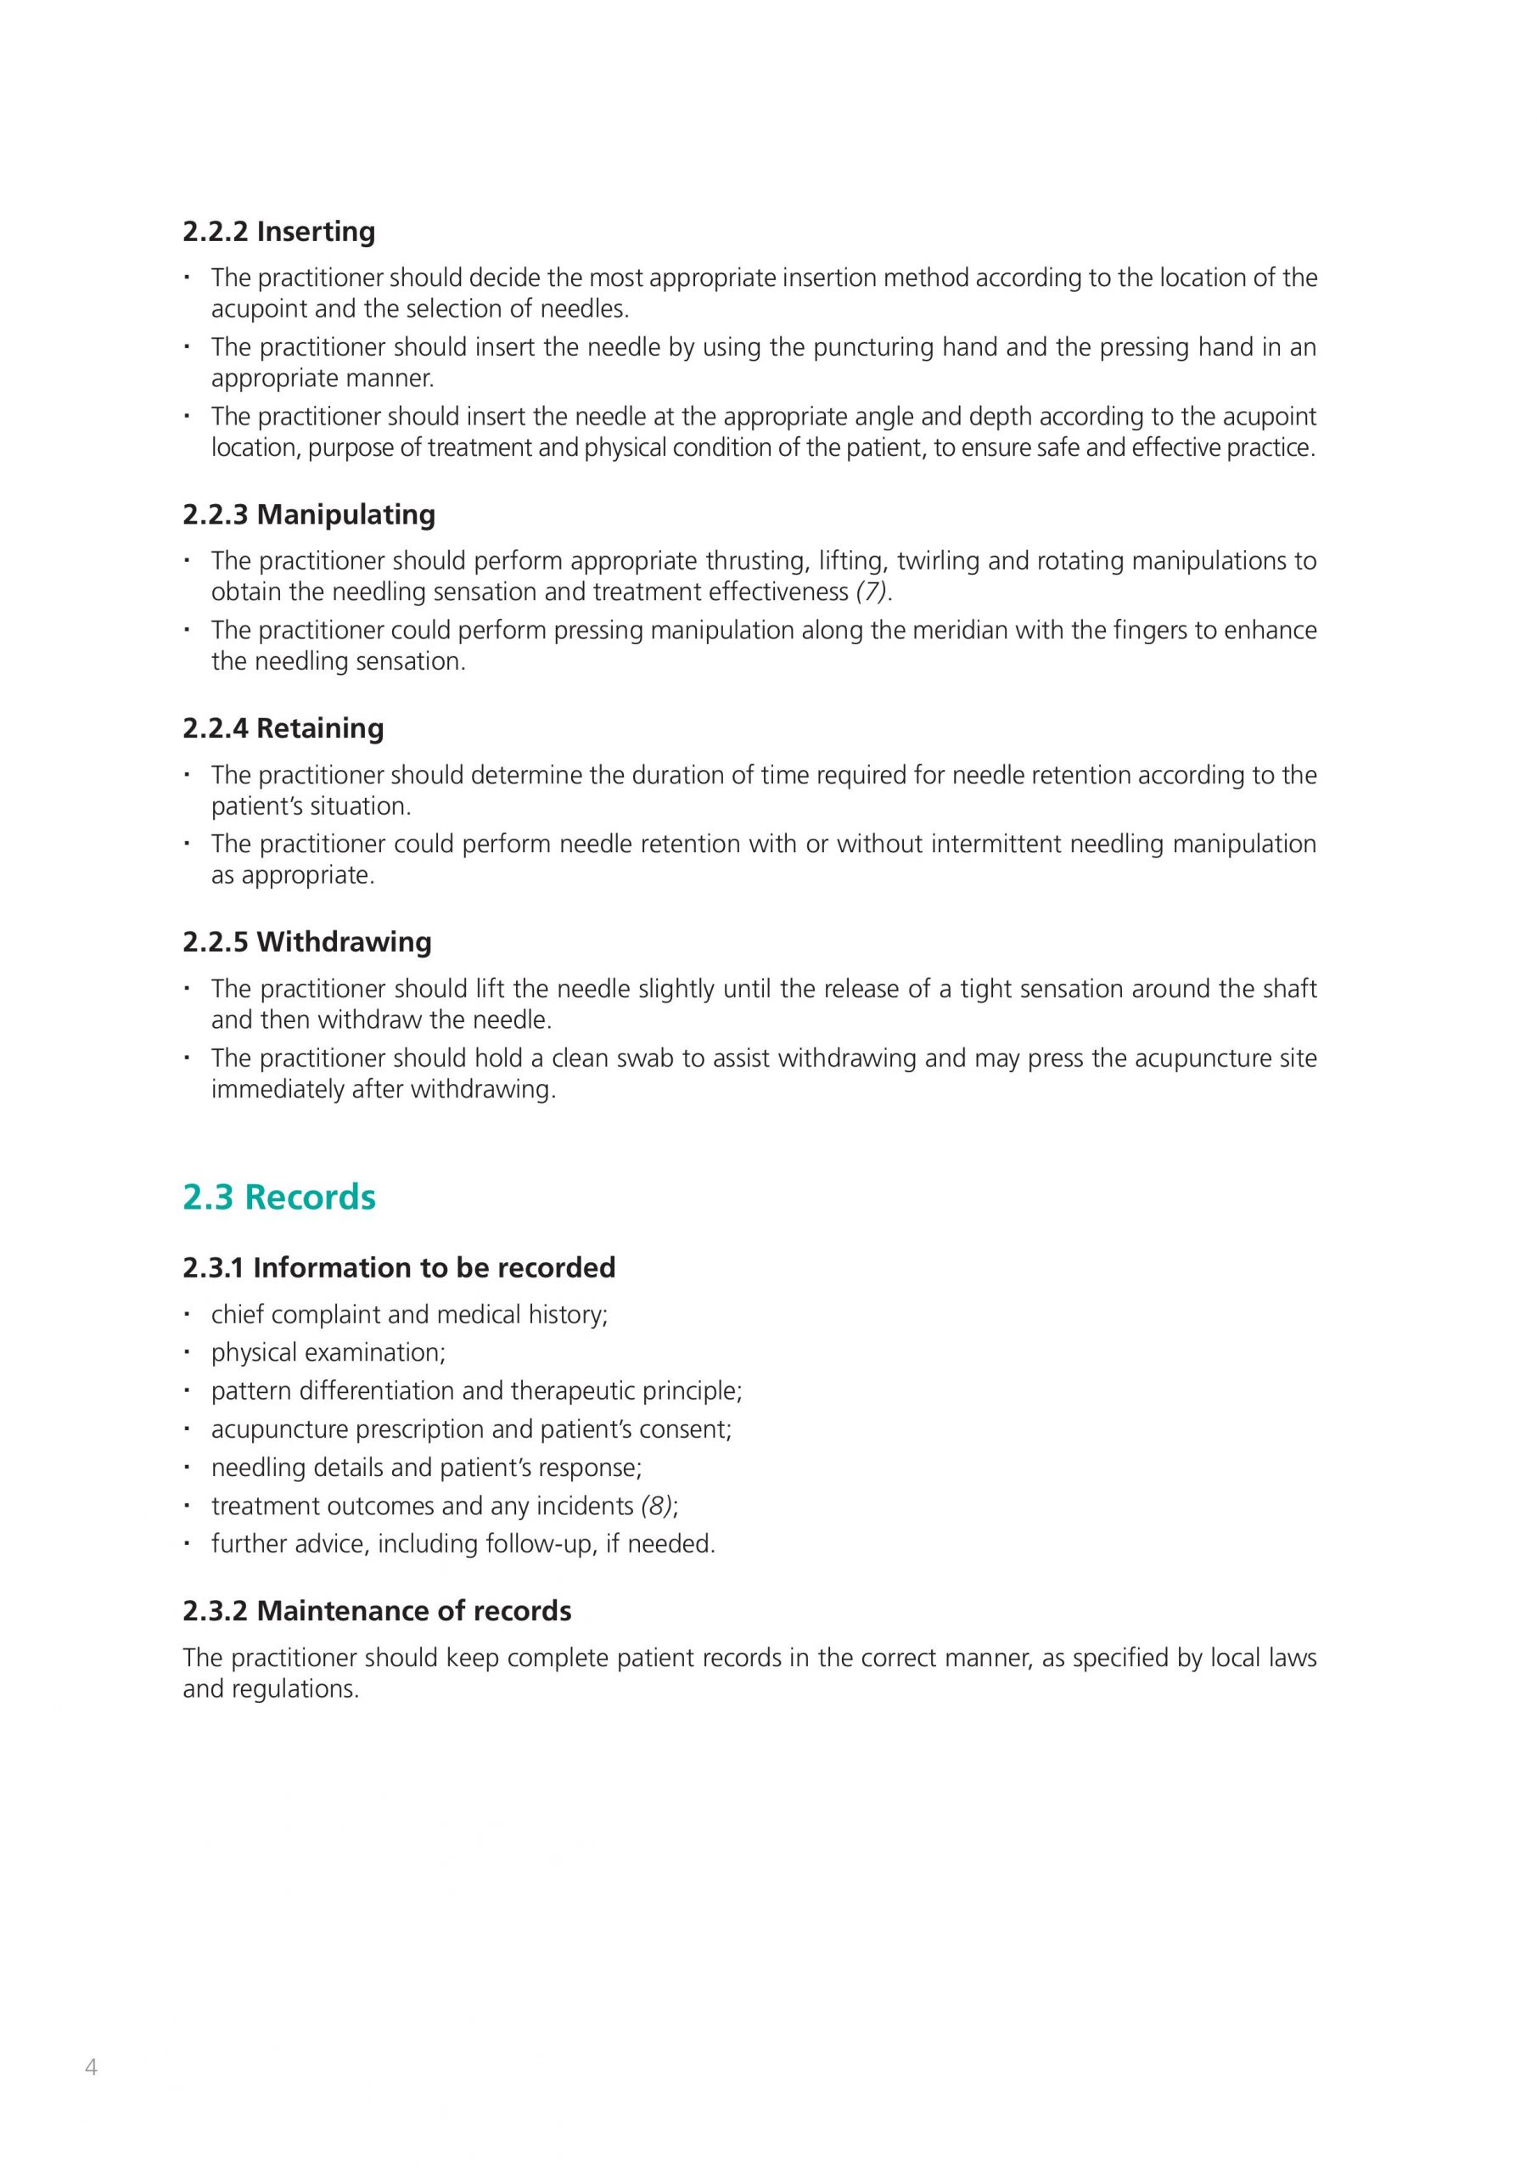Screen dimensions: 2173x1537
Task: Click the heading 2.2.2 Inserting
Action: (278, 231)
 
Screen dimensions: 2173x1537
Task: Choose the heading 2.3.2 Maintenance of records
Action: (377, 1611)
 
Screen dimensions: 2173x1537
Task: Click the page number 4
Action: (91, 2067)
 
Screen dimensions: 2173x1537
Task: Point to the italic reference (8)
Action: (657, 1506)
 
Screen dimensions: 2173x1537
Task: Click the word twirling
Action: (937, 561)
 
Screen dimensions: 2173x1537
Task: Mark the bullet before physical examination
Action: (188, 1352)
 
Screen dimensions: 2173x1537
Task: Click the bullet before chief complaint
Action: (188, 1314)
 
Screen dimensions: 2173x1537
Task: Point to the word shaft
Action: (1290, 989)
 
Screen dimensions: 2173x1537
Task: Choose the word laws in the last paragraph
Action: (1290, 1658)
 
